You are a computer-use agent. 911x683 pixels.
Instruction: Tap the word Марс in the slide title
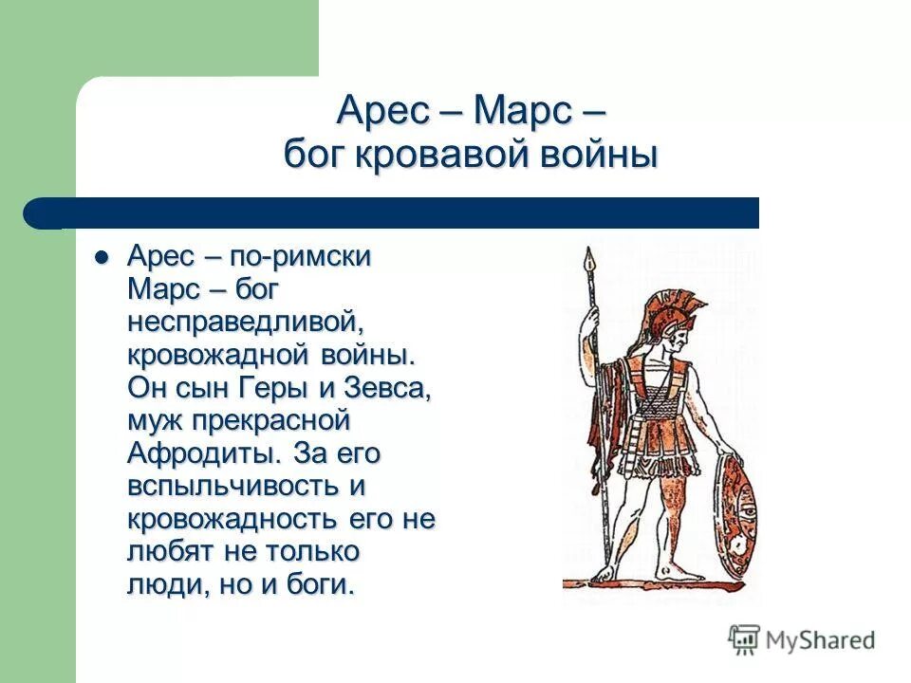pyautogui.click(x=518, y=113)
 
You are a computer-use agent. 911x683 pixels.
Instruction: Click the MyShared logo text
pyautogui.click(x=821, y=640)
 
